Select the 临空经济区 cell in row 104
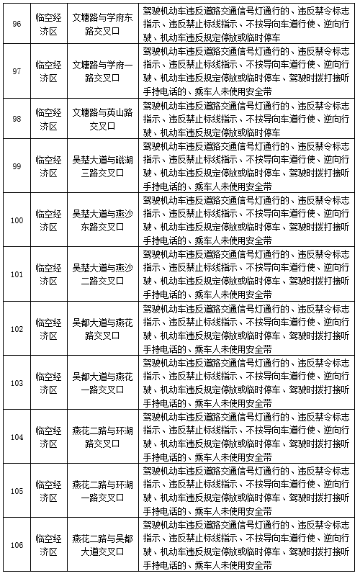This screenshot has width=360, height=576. [48, 436]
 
